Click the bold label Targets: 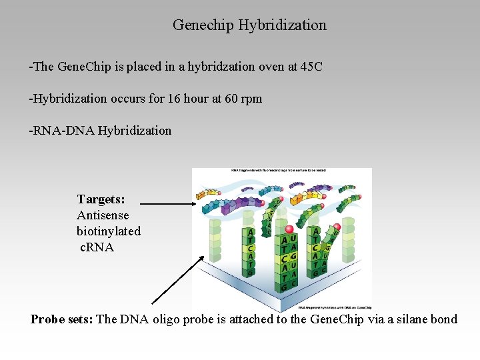101,199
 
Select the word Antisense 103,215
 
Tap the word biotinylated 109,231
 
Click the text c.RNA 97,247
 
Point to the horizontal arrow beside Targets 169,203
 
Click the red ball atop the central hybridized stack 289,230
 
